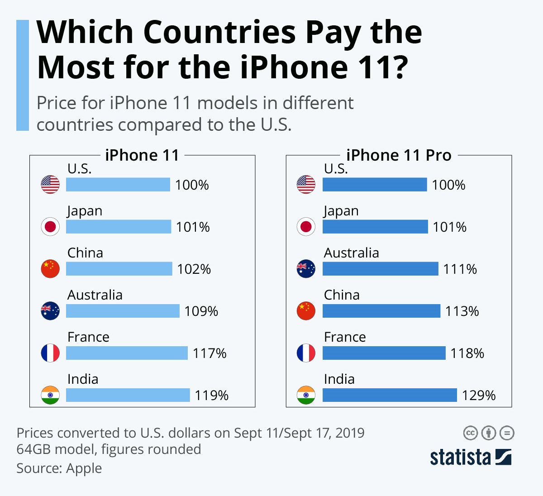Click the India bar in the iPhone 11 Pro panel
point(390,395)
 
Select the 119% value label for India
point(211,396)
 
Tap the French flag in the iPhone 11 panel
point(50,353)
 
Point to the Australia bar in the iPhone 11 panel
point(123,311)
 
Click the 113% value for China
point(462,311)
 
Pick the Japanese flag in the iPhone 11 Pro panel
point(306,227)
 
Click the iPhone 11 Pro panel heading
point(399,155)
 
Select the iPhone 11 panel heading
point(142,155)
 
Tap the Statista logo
point(470,457)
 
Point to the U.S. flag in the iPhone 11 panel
point(50,185)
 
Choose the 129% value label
point(478,396)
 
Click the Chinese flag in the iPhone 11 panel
point(50,269)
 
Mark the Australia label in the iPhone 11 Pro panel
point(351,253)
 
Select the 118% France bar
point(384,353)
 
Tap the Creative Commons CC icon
point(471,433)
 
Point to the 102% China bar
point(119,269)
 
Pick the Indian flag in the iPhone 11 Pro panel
point(306,395)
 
